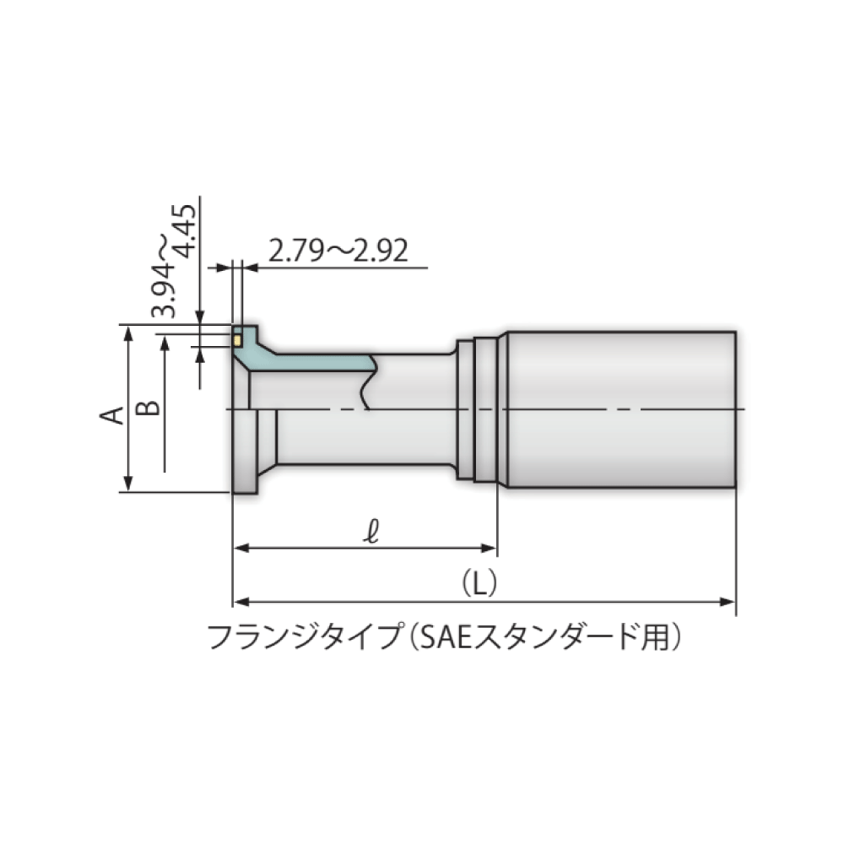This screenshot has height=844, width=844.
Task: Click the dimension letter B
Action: point(149,407)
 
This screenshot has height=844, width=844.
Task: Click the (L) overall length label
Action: point(480,582)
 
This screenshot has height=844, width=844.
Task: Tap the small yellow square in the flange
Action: point(239,340)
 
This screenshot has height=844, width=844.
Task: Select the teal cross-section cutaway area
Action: point(312,361)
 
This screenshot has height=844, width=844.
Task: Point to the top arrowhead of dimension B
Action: point(165,342)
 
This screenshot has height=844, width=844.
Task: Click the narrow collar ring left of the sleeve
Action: point(484,409)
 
